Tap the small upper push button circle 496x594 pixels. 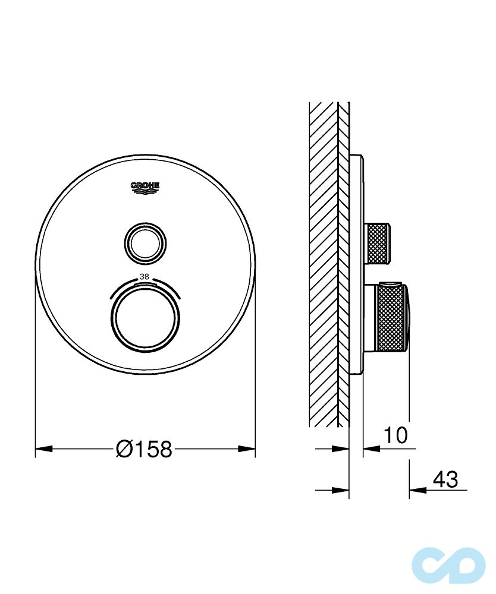coord(146,242)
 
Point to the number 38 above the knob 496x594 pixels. coord(144,276)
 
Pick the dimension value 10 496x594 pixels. coord(395,435)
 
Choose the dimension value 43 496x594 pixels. coord(445,479)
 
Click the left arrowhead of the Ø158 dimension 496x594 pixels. coord(43,449)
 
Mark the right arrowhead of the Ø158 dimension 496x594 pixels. coord(247,449)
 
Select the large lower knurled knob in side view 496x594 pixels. coord(393,318)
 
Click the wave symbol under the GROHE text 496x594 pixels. coord(146,191)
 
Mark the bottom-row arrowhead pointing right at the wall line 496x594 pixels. coord(341,490)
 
